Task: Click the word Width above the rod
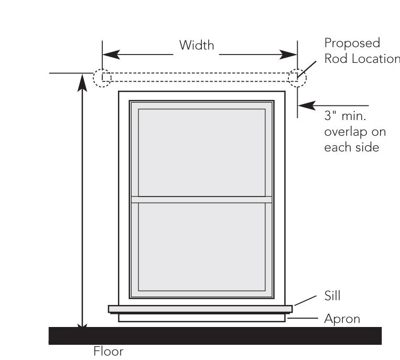pos(197,46)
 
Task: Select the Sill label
pos(333,296)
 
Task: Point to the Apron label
pos(342,319)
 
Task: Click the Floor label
pos(109,351)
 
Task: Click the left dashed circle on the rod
pos(102,78)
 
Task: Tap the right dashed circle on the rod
pos(297,78)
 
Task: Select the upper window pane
pos(201,152)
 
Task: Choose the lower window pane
pos(201,246)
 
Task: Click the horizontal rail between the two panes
pos(201,199)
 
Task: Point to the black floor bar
pos(215,335)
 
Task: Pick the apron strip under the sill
pos(201,318)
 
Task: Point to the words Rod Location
pos(362,58)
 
